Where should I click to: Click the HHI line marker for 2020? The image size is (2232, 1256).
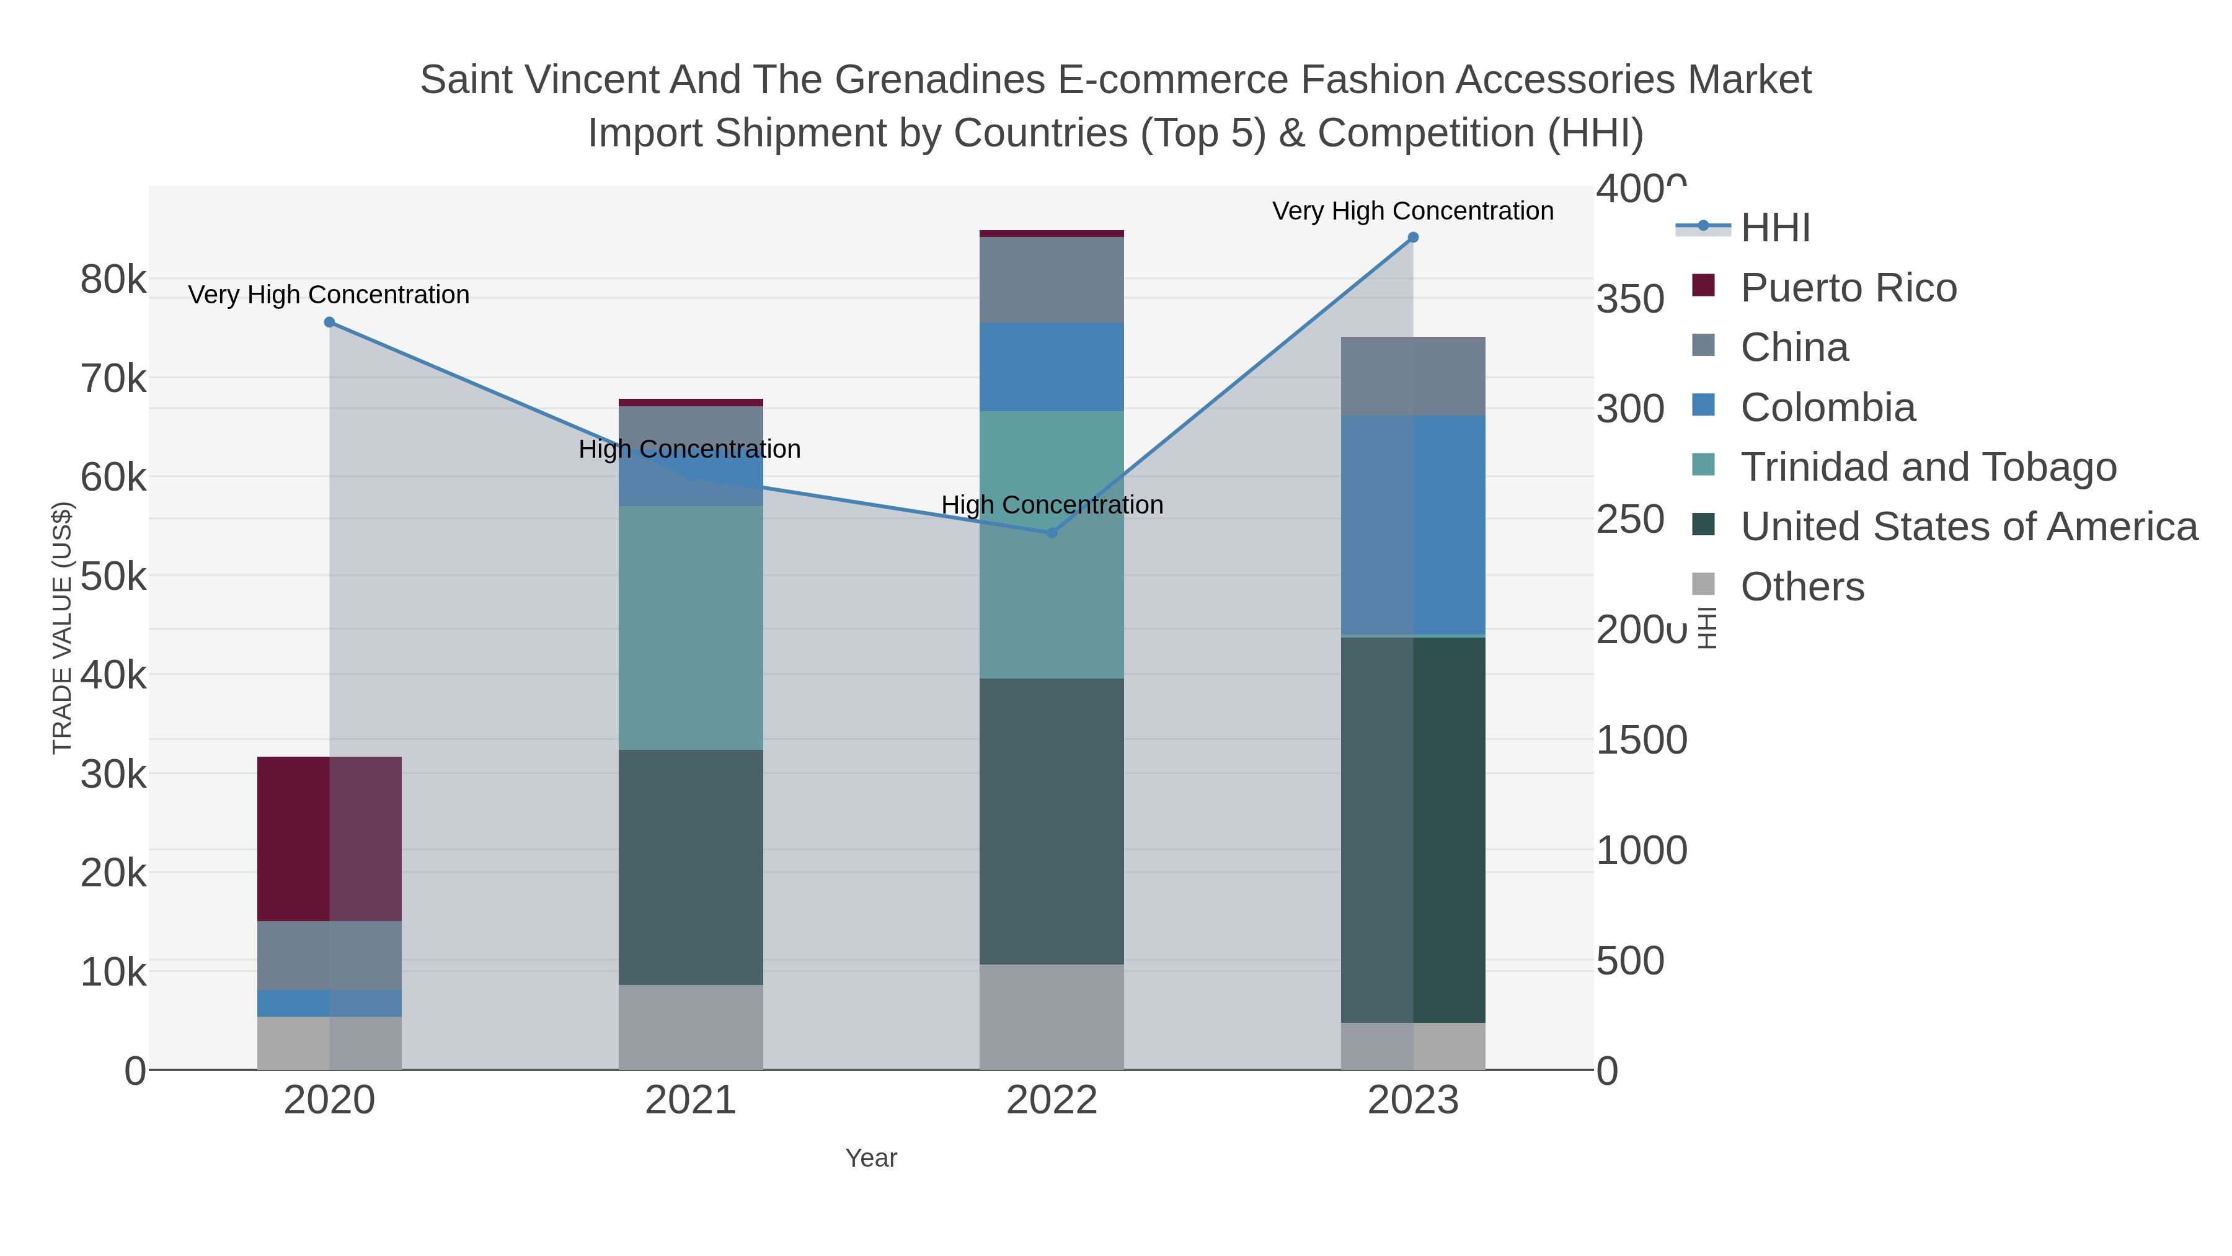pyautogui.click(x=329, y=323)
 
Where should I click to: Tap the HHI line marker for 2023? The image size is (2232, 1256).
pyautogui.click(x=1413, y=238)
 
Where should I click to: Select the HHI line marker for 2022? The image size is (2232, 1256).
pyautogui.click(x=1052, y=533)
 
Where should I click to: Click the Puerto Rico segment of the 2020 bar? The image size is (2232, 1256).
pyautogui.click(x=329, y=839)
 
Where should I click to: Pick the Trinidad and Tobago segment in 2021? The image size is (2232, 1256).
pyautogui.click(x=691, y=628)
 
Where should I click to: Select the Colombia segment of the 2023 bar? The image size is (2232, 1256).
pyautogui.click(x=1413, y=525)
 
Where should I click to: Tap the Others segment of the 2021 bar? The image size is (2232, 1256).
pyautogui.click(x=691, y=1027)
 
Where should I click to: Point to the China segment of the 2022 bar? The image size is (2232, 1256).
pyautogui.click(x=1052, y=279)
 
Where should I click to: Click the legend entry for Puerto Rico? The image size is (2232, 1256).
pyautogui.click(x=1848, y=288)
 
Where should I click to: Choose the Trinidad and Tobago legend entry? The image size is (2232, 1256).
pyautogui.click(x=1928, y=467)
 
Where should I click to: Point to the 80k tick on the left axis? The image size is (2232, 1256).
pyautogui.click(x=113, y=280)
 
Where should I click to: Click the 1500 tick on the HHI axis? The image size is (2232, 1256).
pyautogui.click(x=1641, y=740)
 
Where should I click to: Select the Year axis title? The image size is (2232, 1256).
pyautogui.click(x=871, y=1158)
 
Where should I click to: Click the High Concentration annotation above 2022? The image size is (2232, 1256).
pyautogui.click(x=1052, y=504)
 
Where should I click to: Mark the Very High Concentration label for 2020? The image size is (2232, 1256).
pyautogui.click(x=329, y=295)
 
